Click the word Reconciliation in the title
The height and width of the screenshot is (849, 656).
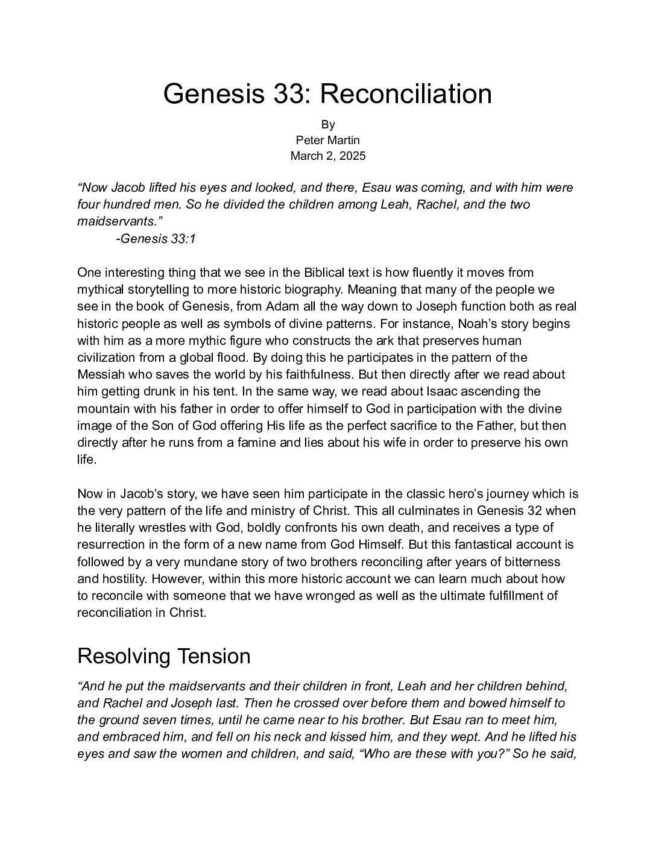[405, 94]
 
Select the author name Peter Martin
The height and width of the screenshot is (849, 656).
[327, 140]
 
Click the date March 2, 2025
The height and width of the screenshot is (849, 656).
[327, 156]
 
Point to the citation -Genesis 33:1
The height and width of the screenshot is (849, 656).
[156, 239]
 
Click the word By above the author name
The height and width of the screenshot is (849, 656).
[327, 124]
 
